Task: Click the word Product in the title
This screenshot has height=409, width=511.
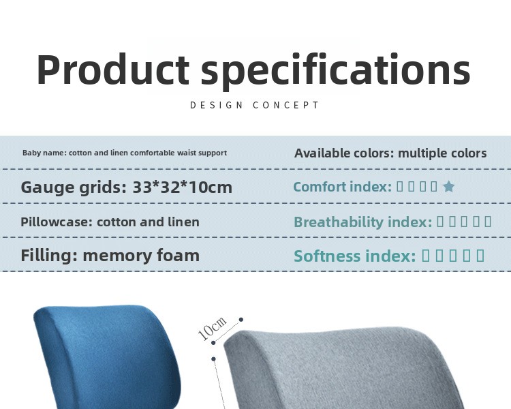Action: tap(113, 69)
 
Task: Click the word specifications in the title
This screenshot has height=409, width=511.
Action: tap(336, 71)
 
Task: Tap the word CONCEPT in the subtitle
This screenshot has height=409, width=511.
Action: tap(285, 106)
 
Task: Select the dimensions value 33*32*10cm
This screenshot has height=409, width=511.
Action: tap(182, 187)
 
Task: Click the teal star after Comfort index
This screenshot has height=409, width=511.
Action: tap(448, 187)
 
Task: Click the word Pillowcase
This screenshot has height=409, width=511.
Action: tap(57, 222)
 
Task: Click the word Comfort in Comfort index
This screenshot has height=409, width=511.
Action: tap(320, 187)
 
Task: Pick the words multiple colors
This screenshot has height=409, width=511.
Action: tap(442, 153)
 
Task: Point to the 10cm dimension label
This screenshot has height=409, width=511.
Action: tap(212, 328)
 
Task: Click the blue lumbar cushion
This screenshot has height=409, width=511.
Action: tap(108, 356)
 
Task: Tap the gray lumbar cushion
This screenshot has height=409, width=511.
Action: tap(342, 369)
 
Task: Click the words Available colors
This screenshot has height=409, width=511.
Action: tap(344, 153)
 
